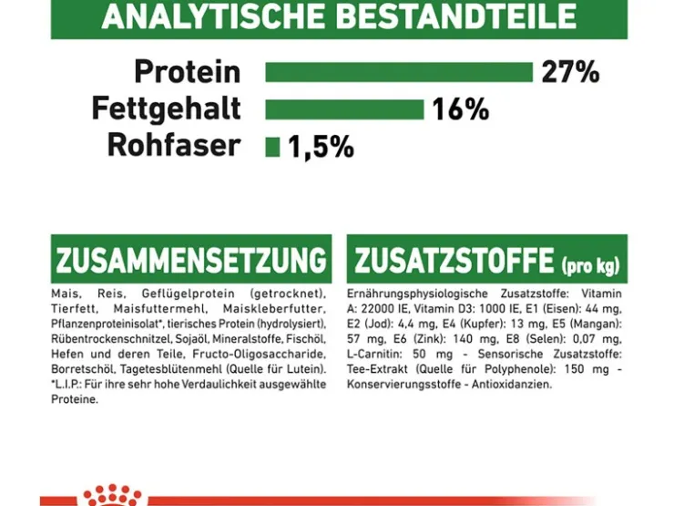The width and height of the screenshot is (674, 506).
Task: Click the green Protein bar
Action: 399,72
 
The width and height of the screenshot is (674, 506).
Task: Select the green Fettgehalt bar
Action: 344,109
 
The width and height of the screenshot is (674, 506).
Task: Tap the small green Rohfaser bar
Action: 272,147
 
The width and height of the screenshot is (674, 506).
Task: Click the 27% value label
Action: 570,72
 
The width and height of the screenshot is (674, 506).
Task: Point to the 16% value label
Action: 460,109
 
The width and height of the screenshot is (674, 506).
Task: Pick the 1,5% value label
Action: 322,147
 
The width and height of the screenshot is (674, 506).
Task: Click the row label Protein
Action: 188,71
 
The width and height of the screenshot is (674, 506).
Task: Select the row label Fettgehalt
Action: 166,108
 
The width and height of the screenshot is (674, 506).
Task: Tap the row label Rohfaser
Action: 174,145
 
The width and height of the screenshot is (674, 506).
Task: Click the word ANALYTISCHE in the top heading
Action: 213,15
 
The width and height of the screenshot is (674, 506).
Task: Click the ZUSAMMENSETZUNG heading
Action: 191,260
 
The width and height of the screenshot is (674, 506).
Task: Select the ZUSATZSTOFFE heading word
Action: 454,260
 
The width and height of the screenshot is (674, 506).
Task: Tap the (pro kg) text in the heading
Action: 590,265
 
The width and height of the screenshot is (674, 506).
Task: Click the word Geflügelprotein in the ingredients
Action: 189,294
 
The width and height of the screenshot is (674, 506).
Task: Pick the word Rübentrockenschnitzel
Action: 111,339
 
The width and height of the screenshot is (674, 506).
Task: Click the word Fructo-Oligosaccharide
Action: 260,354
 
